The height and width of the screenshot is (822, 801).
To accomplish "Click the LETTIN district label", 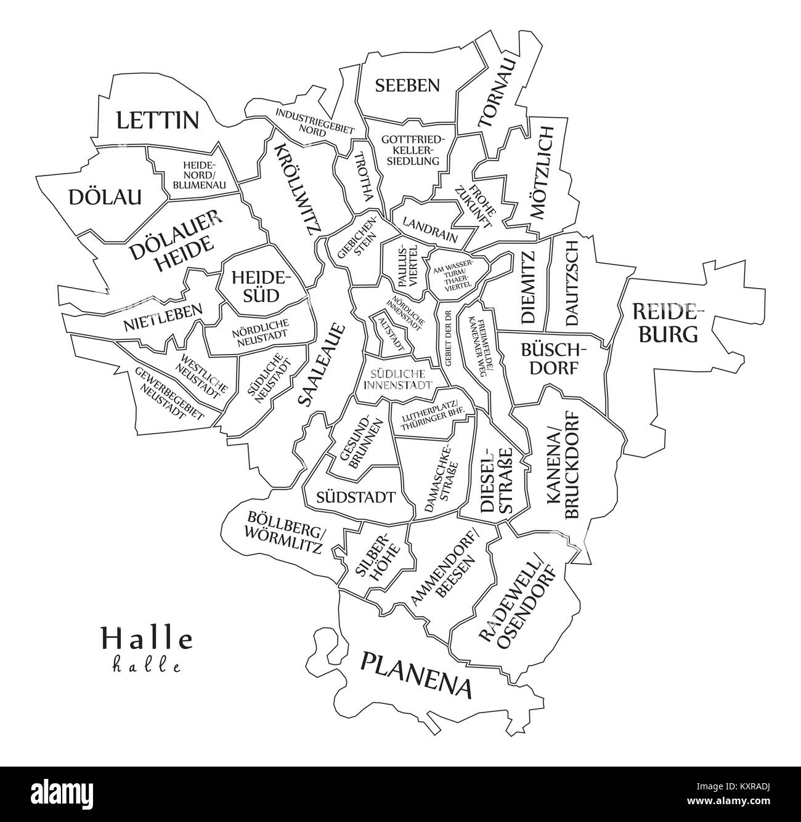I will point(158,119).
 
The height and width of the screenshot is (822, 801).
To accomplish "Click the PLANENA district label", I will point(417,674).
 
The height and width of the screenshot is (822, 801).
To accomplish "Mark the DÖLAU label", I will point(105,197).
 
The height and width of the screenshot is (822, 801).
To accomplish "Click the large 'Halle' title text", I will point(147,639).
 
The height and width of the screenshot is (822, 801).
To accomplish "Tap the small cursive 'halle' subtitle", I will point(147,666).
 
